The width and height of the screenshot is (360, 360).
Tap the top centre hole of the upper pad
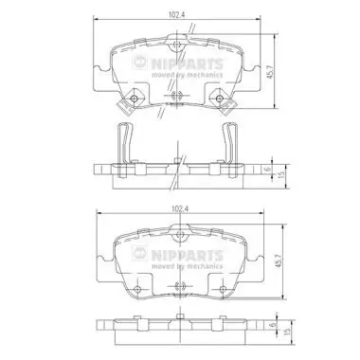click(177, 45)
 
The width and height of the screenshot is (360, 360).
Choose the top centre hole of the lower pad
click(177, 232)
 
